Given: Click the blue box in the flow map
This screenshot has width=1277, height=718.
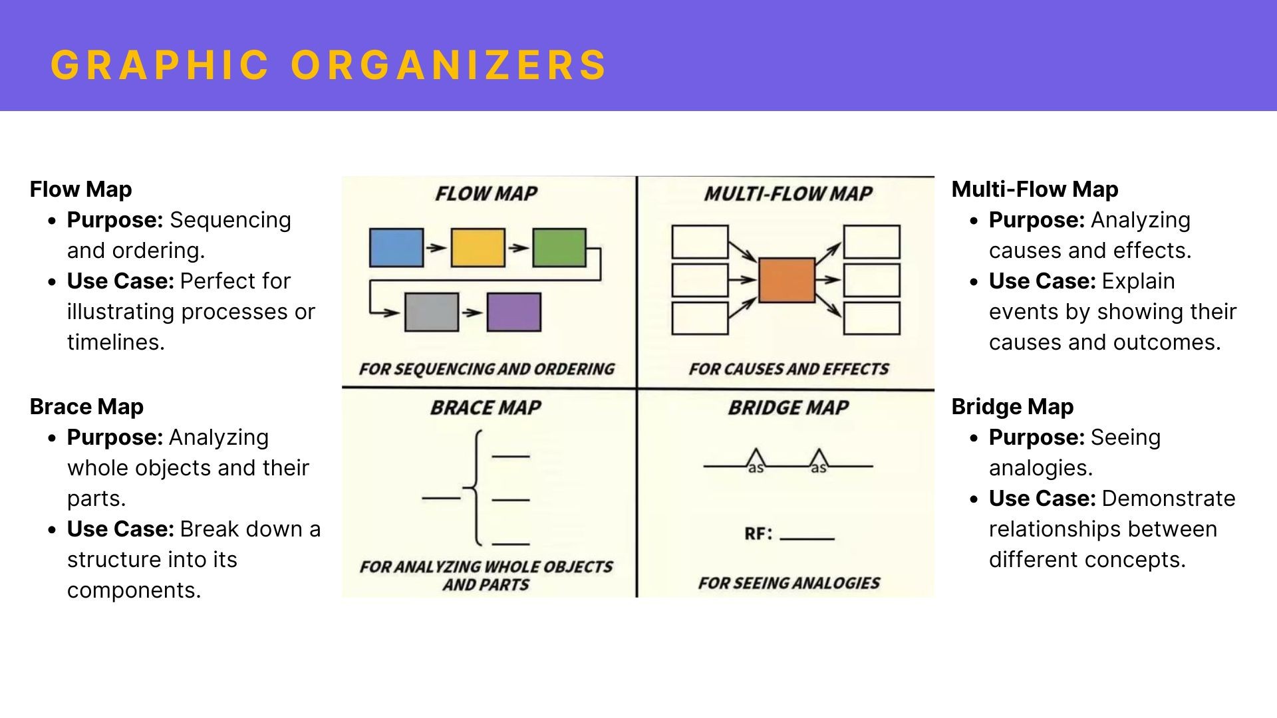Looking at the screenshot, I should pyautogui.click(x=396, y=248).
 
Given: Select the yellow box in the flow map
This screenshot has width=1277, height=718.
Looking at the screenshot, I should pyautogui.click(x=478, y=248).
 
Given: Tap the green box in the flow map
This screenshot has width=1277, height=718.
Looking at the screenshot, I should pyautogui.click(x=559, y=248).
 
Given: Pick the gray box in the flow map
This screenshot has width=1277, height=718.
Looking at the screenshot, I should pyautogui.click(x=432, y=312).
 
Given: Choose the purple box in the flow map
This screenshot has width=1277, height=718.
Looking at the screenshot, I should pyautogui.click(x=513, y=312).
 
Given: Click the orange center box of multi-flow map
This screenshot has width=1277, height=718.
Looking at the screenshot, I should pyautogui.click(x=787, y=280).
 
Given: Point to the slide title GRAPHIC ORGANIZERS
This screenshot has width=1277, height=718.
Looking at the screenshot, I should pyautogui.click(x=329, y=64).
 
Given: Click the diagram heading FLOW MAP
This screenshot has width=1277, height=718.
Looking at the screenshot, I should pyautogui.click(x=486, y=194).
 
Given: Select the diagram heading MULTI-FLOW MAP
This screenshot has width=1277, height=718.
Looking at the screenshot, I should pyautogui.click(x=788, y=194).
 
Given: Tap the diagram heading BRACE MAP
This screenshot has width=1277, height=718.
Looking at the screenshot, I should pyautogui.click(x=486, y=408).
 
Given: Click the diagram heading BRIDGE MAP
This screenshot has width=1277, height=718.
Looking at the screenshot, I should pyautogui.click(x=788, y=408).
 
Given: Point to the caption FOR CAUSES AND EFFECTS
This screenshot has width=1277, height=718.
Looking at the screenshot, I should pyautogui.click(x=789, y=369).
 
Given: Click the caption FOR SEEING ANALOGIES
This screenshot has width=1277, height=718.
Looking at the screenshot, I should pyautogui.click(x=789, y=583).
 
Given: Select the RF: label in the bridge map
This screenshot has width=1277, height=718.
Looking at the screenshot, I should pyautogui.click(x=758, y=534).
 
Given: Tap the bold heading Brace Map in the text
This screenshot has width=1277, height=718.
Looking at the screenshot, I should pyautogui.click(x=86, y=407).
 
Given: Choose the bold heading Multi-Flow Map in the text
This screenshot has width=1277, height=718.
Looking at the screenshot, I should pyautogui.click(x=1035, y=189).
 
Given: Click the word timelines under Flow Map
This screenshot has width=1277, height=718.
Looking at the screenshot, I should pyautogui.click(x=115, y=342).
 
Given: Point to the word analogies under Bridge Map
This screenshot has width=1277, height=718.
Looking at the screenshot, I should pyautogui.click(x=1040, y=468).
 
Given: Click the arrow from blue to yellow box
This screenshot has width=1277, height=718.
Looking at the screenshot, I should pyautogui.click(x=436, y=248).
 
